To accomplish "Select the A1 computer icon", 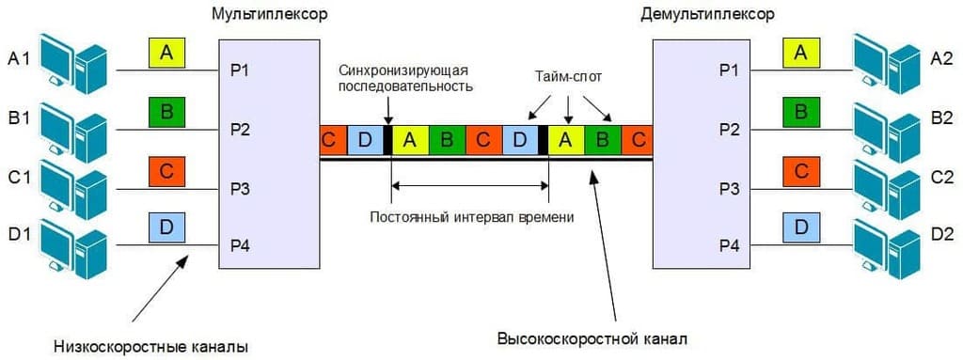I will click(77, 62).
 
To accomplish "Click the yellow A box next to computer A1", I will click(166, 54).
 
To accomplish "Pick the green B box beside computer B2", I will click(800, 113).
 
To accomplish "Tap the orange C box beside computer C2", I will click(800, 171).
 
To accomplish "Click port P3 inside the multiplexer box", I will click(240, 188).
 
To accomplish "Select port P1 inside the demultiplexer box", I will click(729, 70).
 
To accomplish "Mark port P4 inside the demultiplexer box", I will click(729, 247).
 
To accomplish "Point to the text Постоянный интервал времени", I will click(471, 216).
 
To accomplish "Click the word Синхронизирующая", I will click(404, 70).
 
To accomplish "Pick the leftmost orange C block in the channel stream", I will click(329, 140).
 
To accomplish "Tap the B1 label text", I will click(20, 117).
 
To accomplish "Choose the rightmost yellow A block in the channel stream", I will click(565, 140).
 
